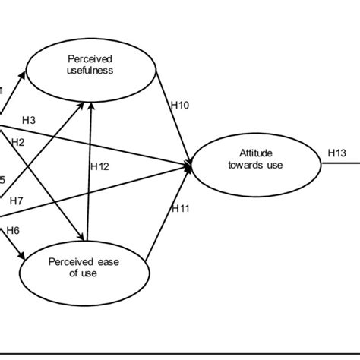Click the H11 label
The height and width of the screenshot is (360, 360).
click(x=181, y=207)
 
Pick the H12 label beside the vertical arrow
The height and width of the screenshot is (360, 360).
click(x=99, y=166)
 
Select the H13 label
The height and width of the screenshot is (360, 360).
click(x=337, y=152)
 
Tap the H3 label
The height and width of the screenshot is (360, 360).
click(x=30, y=120)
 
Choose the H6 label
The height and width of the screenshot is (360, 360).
click(x=12, y=229)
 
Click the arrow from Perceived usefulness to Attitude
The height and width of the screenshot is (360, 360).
click(x=172, y=114)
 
